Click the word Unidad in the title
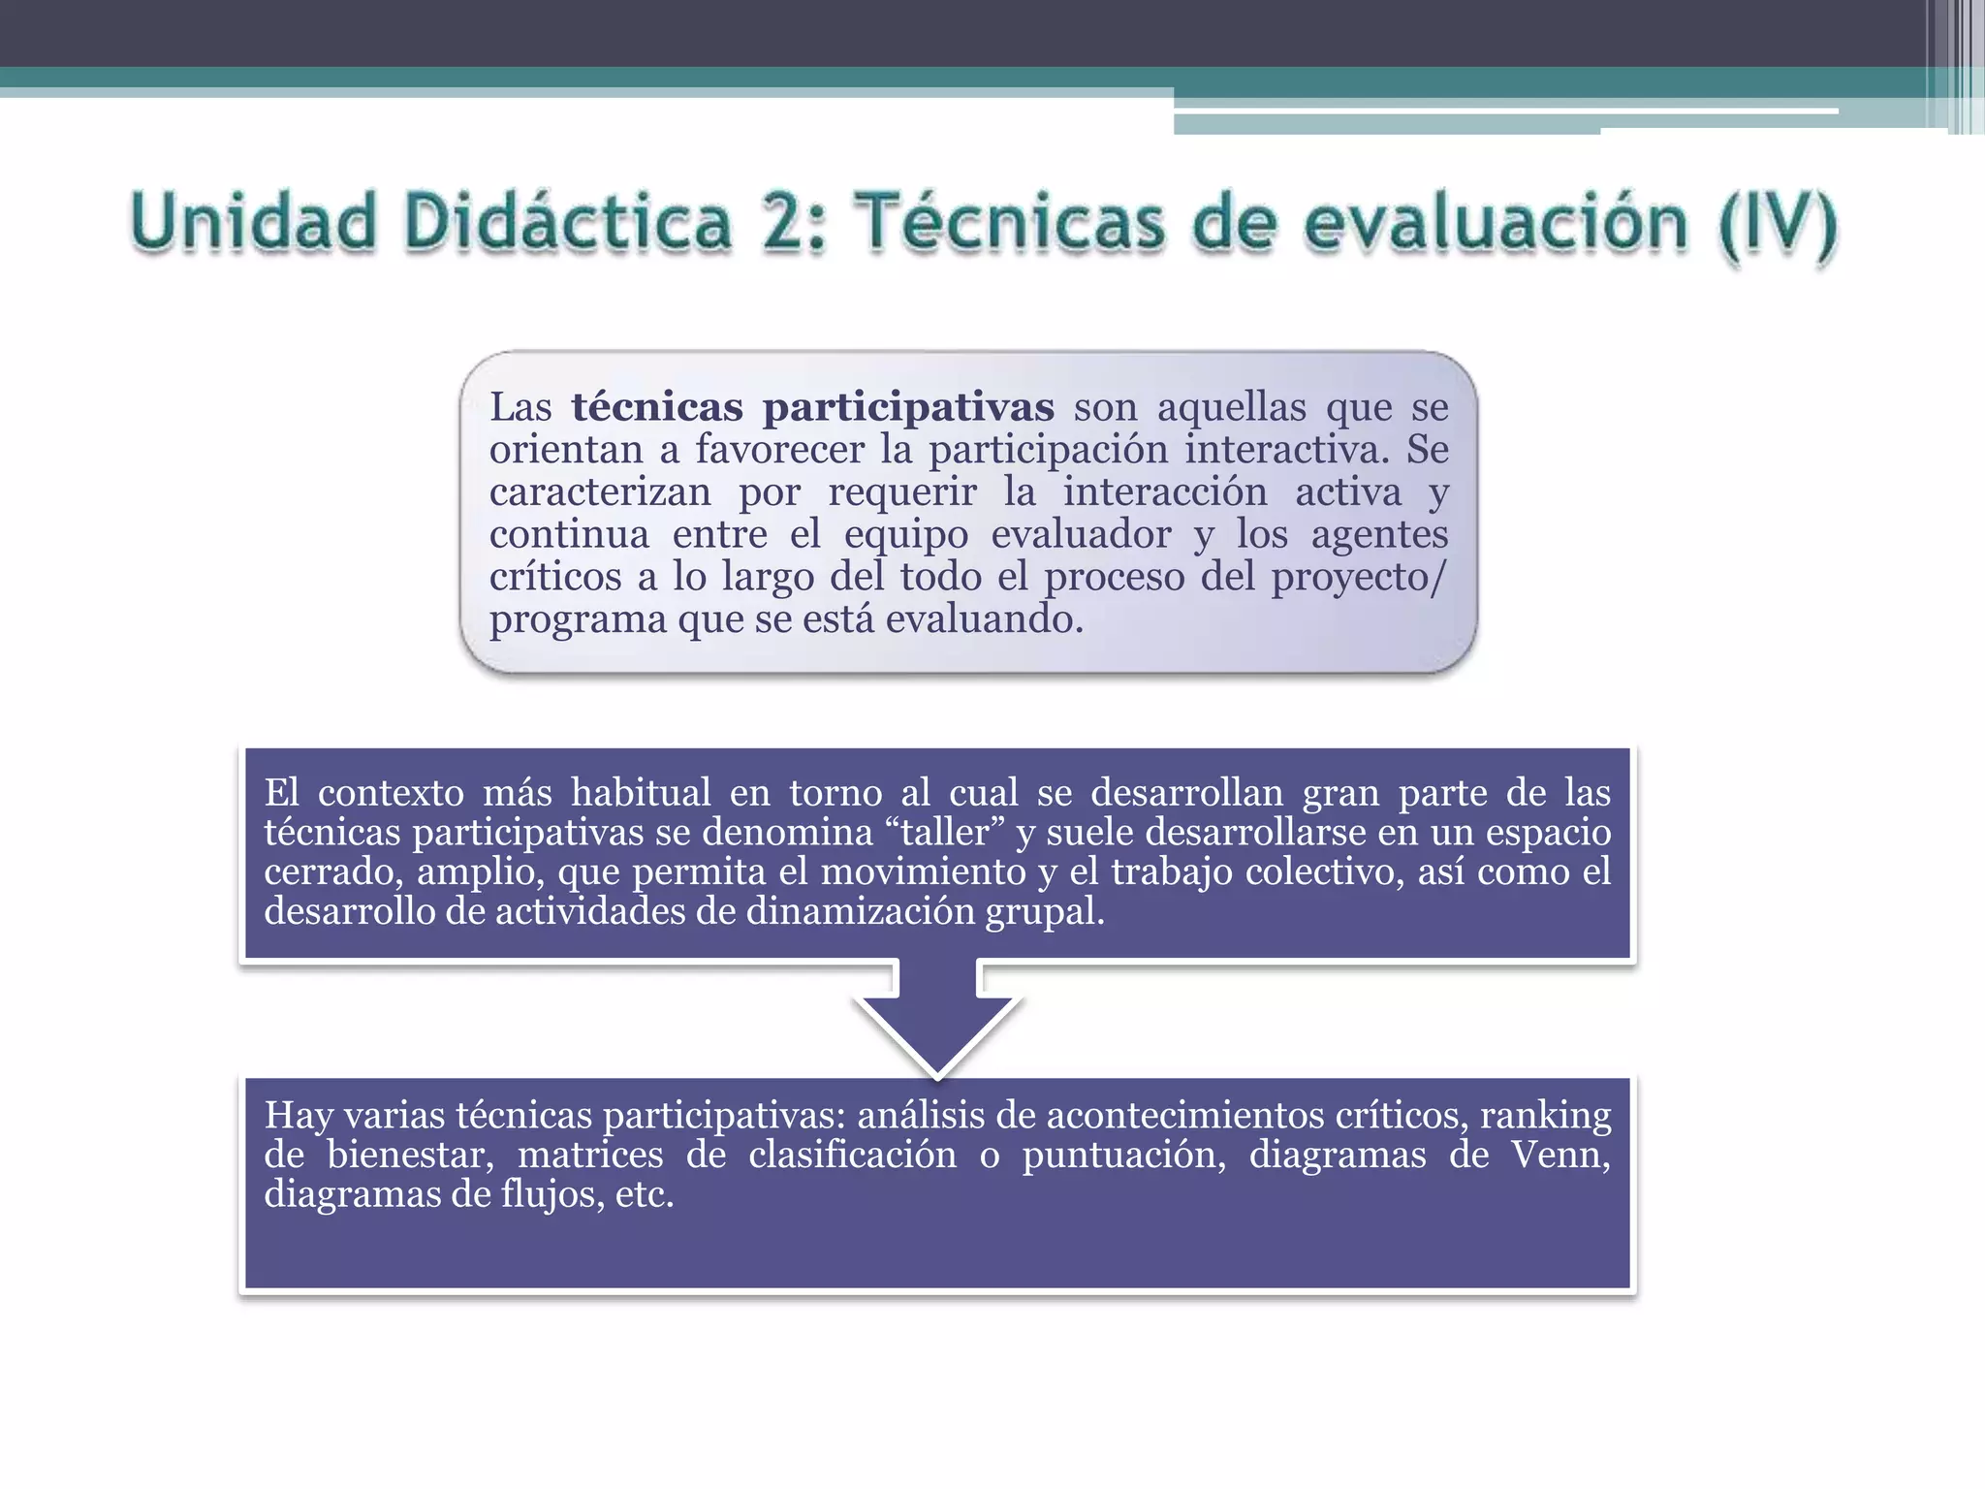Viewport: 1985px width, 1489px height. pyautogui.click(x=253, y=222)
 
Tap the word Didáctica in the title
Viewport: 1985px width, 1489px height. pyautogui.click(x=567, y=222)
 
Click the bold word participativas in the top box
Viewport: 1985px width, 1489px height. pyautogui.click(x=908, y=408)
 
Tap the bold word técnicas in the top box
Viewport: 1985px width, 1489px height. pyautogui.click(x=656, y=407)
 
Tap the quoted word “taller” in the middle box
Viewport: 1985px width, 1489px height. pyautogui.click(x=944, y=833)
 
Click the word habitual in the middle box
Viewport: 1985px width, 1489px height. pyautogui.click(x=641, y=793)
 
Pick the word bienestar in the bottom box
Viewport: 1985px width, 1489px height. pyautogui.click(x=410, y=1155)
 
